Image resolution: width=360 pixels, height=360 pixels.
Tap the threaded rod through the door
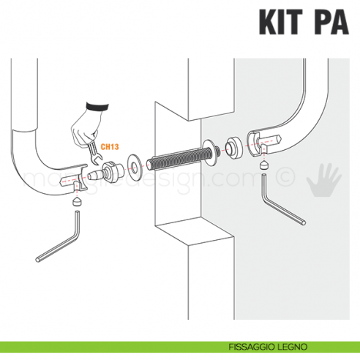[x=180, y=156]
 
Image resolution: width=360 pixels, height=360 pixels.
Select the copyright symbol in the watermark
[x=287, y=178]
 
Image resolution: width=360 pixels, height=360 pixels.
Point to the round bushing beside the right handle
[x=235, y=147]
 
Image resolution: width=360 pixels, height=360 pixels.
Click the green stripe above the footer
[x=180, y=342]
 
